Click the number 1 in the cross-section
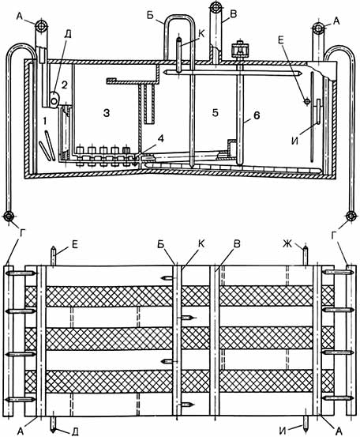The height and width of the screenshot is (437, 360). (44, 121)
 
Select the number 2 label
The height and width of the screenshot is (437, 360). (64, 85)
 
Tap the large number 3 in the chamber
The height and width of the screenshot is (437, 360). (107, 113)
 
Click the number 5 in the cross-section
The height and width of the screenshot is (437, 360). (215, 113)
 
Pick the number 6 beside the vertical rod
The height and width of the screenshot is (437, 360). (257, 115)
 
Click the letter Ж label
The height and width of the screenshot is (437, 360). (287, 244)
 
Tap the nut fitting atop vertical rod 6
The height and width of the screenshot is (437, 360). (239, 50)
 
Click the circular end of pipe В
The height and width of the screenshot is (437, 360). (216, 6)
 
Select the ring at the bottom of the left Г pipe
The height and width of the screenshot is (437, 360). (9, 216)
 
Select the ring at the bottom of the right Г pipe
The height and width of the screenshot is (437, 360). (351, 216)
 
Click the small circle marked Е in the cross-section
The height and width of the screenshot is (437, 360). (307, 102)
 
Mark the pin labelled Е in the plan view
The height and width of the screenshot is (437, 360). (53, 255)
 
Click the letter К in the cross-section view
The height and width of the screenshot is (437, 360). (201, 34)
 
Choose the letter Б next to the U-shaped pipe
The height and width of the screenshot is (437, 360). (150, 16)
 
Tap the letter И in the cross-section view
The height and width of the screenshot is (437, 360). (294, 141)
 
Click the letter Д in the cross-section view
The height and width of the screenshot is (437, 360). (67, 35)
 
